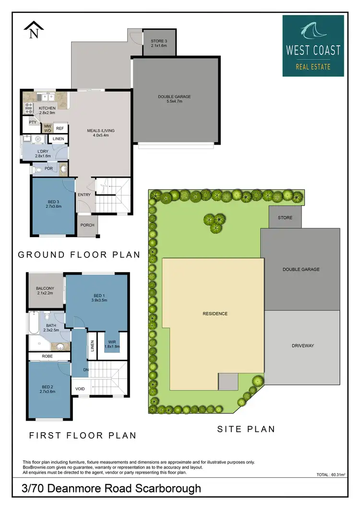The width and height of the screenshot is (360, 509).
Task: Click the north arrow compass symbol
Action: [x=33, y=30]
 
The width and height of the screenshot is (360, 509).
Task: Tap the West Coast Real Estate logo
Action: [x=313, y=46]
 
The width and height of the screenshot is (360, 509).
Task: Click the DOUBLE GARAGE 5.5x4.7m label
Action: [x=177, y=99]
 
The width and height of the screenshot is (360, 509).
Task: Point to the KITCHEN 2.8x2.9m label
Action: [x=47, y=110]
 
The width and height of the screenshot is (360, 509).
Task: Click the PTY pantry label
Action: [x=33, y=122]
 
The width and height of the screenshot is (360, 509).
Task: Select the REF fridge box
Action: [x=60, y=128]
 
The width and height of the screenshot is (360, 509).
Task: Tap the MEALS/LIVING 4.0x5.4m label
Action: [x=101, y=133]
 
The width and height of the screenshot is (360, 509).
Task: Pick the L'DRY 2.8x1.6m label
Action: [x=43, y=154]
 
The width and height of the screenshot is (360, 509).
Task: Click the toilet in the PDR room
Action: [x=37, y=169]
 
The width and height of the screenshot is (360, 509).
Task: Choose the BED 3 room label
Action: [x=53, y=203]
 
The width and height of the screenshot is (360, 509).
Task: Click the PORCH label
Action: [x=87, y=225]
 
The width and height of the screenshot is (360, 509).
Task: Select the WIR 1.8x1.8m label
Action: [x=112, y=344]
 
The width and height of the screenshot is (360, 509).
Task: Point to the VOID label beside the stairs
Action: [x=80, y=388]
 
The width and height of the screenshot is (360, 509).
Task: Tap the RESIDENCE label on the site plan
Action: [x=215, y=314]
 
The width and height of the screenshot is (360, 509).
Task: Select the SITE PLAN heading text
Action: [x=247, y=429]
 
